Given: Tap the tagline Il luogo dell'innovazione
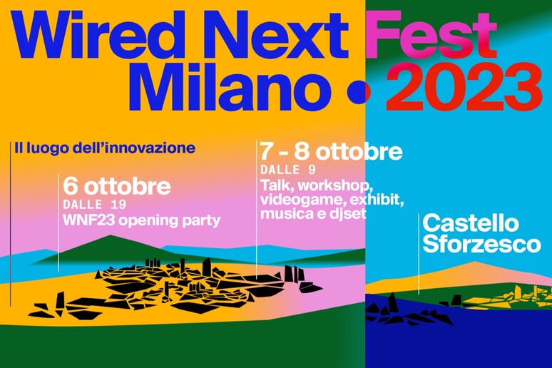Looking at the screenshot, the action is [105, 148].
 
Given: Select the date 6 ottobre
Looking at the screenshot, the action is [117, 187].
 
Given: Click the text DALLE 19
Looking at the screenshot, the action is [95, 205].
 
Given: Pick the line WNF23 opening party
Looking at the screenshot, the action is [141, 221].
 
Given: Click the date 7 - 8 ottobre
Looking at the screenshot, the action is [331, 151].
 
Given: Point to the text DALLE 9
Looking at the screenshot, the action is [288, 170].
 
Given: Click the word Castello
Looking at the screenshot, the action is [471, 224].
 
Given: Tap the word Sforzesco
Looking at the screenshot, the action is [481, 244].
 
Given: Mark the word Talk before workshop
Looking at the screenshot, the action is [277, 185].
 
